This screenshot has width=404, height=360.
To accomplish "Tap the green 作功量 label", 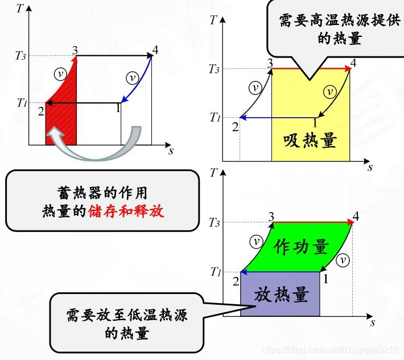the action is [301, 247].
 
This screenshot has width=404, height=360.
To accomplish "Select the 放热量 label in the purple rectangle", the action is [281, 295].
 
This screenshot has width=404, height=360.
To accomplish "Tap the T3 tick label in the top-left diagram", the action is [20, 56].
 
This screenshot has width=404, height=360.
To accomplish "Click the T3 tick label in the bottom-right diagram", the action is [215, 222].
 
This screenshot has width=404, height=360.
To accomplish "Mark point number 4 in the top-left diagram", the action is [155, 49].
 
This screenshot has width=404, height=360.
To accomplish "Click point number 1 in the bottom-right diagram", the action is [326, 279].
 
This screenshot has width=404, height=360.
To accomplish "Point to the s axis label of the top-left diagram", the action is [171, 151].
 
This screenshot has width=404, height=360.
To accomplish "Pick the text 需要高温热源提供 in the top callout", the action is [323, 21].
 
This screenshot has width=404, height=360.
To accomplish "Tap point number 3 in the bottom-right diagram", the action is [271, 216].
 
